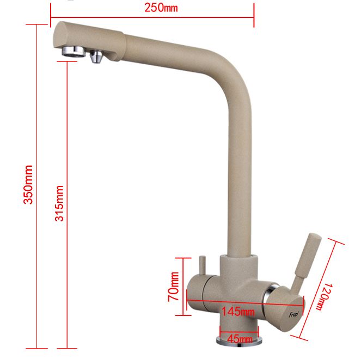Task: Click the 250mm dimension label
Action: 161,8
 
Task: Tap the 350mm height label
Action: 28,184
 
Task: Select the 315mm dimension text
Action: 59,203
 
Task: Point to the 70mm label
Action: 173,287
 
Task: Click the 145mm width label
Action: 238,312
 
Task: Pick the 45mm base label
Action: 240,339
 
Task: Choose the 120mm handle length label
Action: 325,297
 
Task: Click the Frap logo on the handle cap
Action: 293,314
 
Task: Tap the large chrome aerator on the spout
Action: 74,51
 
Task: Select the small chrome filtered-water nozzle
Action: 96,57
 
